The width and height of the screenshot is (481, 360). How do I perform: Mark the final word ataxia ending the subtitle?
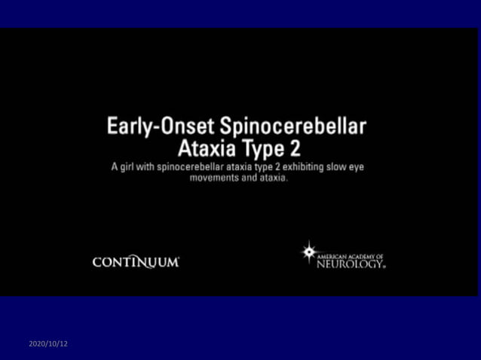(x=271, y=178)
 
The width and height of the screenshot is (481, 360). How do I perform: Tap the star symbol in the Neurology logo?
(x=308, y=252)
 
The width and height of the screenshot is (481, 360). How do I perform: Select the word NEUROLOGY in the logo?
(x=350, y=264)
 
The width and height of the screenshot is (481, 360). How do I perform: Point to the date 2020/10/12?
(x=48, y=343)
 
